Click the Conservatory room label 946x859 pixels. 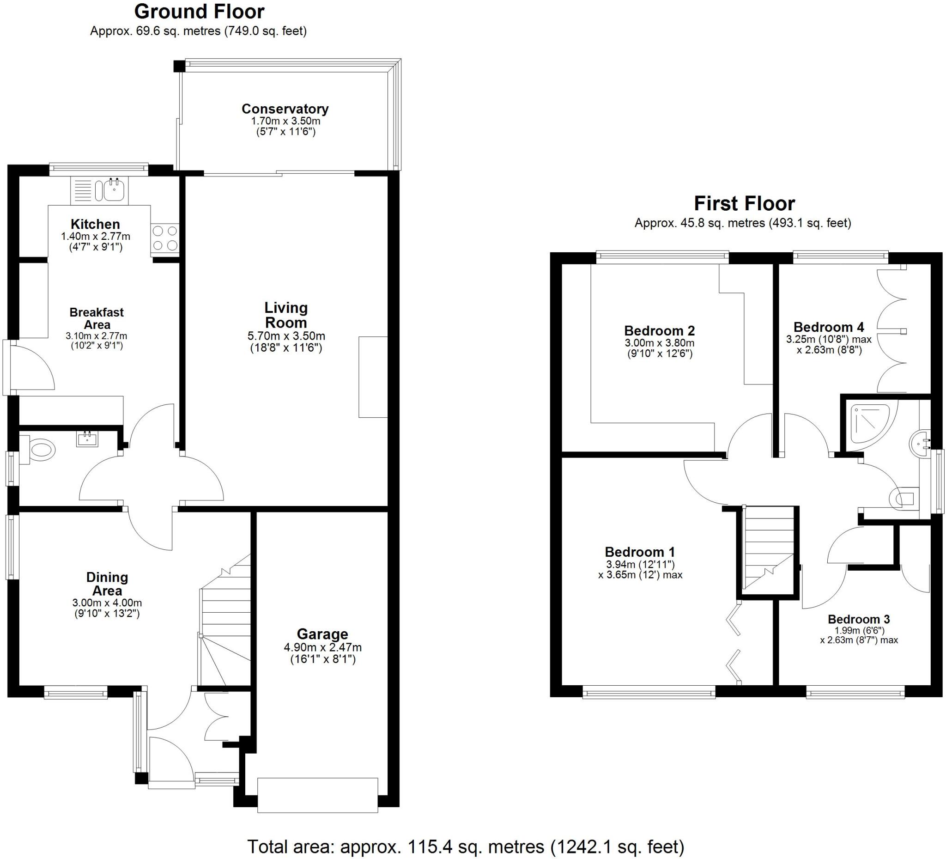pyautogui.click(x=285, y=109)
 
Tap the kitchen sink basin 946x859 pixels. pyautogui.click(x=114, y=190)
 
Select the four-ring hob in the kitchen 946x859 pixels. pyautogui.click(x=165, y=238)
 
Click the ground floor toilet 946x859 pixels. pyautogui.click(x=40, y=450)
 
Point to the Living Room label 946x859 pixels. pyautogui.click(x=286, y=315)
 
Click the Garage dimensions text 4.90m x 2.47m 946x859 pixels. pyautogui.click(x=322, y=648)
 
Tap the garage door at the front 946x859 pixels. pyautogui.click(x=317, y=795)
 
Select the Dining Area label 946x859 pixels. pyautogui.click(x=107, y=584)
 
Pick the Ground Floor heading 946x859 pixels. pyautogui.click(x=199, y=11)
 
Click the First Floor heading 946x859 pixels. pyautogui.click(x=744, y=203)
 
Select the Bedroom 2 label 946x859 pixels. pyautogui.click(x=659, y=330)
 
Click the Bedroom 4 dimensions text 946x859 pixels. pyautogui.click(x=829, y=344)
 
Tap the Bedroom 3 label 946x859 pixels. pyautogui.click(x=858, y=619)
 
